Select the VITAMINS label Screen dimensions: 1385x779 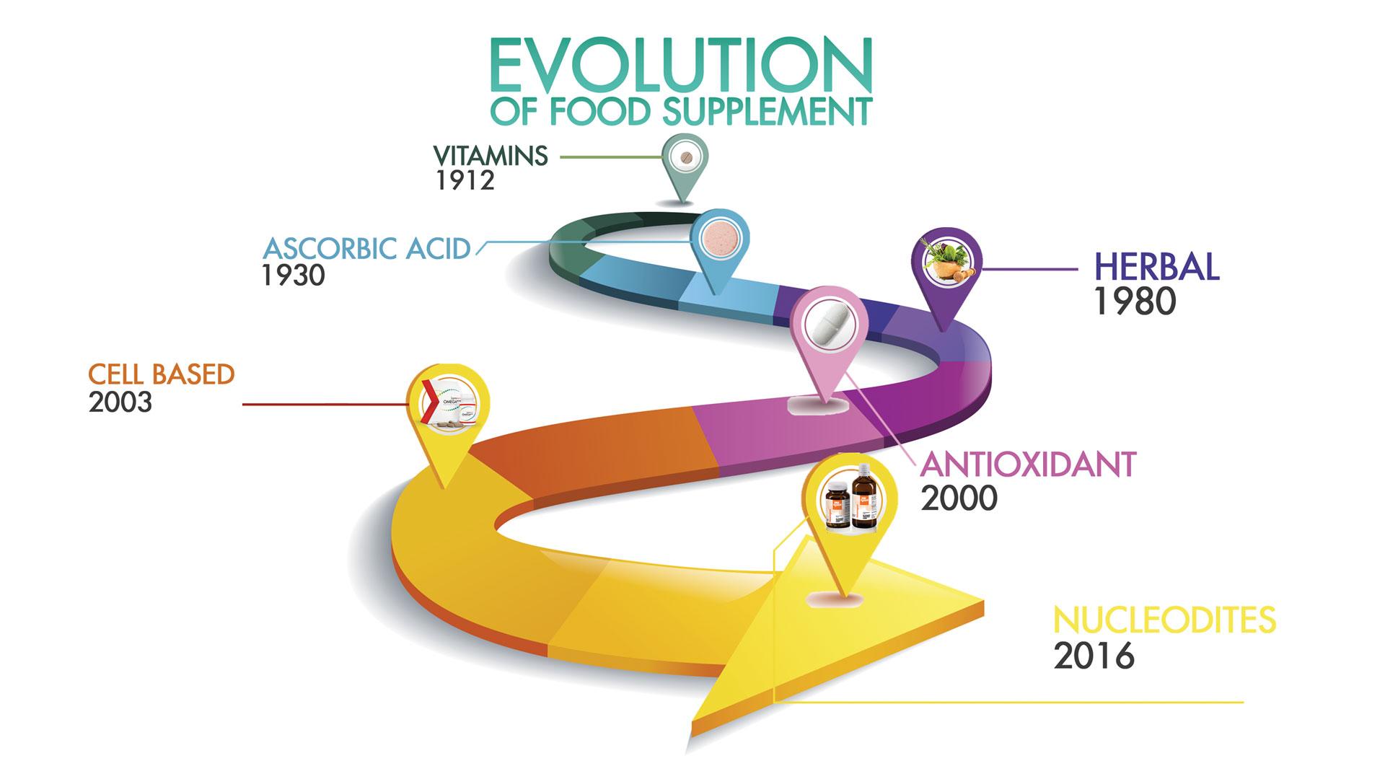tap(491, 156)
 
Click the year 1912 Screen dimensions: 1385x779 tap(465, 180)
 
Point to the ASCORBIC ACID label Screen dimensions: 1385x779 tap(367, 249)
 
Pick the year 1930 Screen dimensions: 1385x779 tap(294, 276)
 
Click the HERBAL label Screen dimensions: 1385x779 tap(1157, 267)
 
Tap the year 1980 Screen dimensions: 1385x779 tap(1135, 302)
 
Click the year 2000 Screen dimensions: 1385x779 tap(959, 498)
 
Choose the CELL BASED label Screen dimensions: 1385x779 tap(162, 374)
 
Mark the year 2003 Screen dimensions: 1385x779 tap(120, 402)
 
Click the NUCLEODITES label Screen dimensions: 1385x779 tap(1165, 620)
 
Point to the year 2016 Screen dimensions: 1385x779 tap(1094, 656)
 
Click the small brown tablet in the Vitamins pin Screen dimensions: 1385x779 tap(686, 157)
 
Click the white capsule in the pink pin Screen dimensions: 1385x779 tap(830, 325)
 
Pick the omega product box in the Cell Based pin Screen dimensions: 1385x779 tap(448, 403)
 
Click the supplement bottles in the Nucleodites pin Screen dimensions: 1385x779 tap(851, 498)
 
